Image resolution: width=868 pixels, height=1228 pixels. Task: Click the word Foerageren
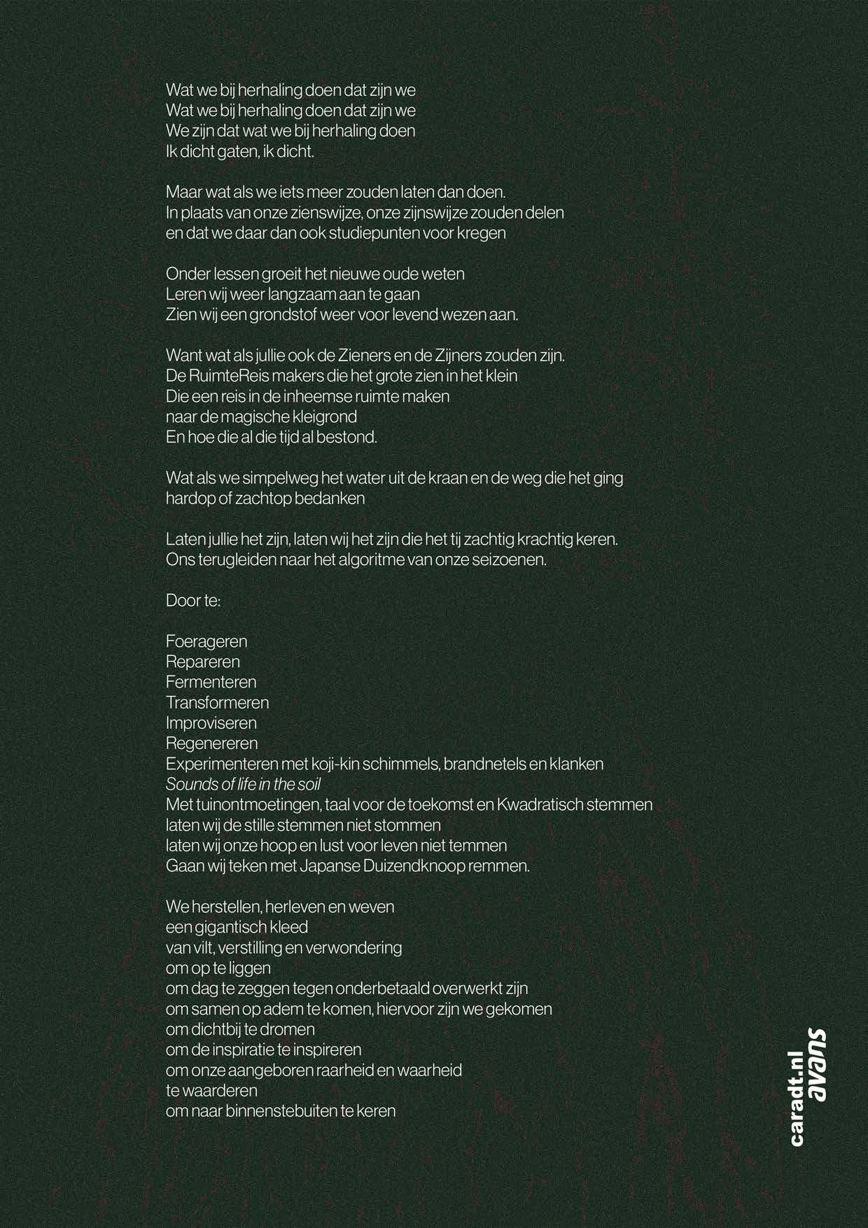206,641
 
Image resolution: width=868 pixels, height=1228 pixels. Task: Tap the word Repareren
203,662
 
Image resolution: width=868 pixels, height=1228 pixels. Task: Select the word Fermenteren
211,682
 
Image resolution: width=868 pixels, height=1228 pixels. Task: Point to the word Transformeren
218,702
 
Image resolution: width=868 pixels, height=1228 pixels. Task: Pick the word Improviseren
211,723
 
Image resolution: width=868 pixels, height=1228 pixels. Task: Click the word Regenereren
212,743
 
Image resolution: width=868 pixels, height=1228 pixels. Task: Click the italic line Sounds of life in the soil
244,784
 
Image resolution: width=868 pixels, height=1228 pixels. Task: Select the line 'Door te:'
193,601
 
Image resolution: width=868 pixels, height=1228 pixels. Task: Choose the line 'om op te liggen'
218,968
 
